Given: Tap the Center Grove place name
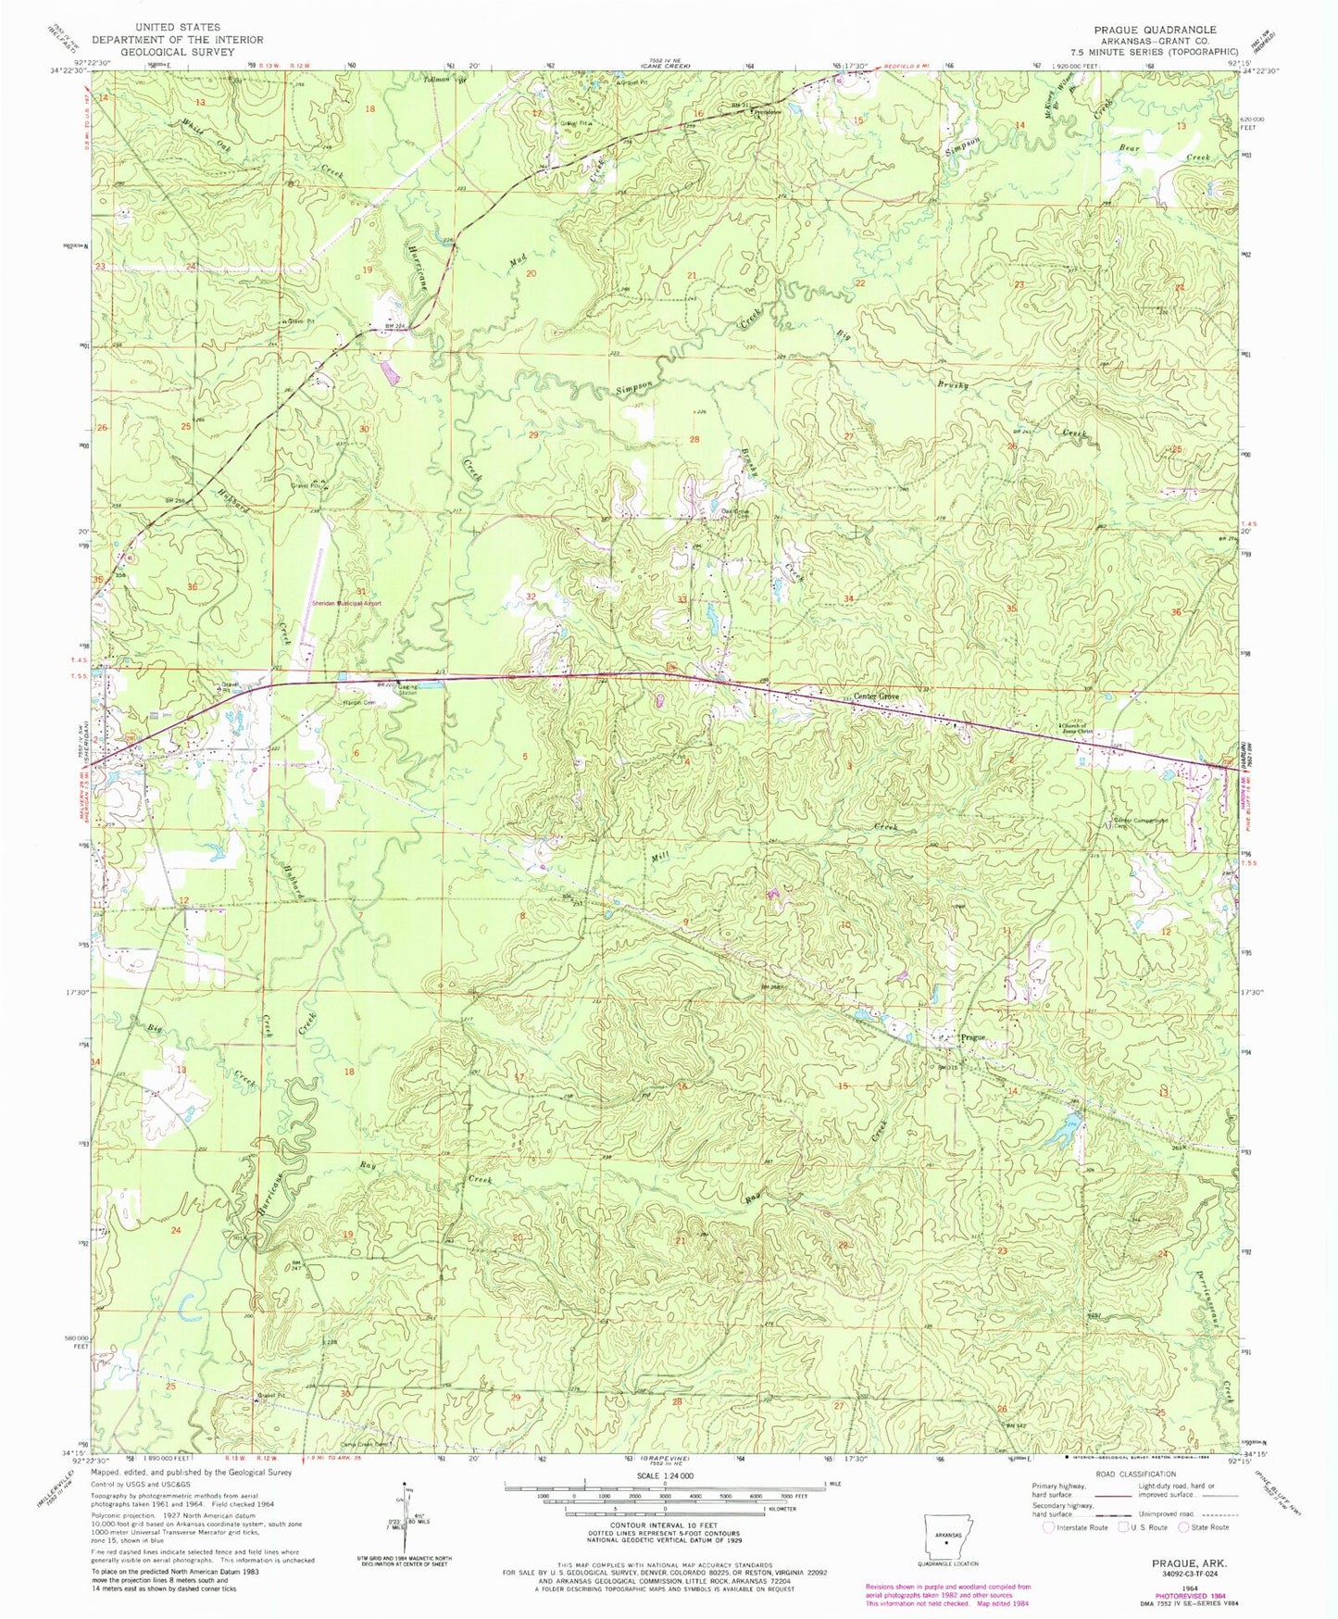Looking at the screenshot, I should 878,697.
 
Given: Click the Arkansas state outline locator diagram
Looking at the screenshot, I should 944,1534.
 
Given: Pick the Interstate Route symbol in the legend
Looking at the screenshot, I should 1049,1527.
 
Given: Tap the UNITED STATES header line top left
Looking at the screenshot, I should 176,28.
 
